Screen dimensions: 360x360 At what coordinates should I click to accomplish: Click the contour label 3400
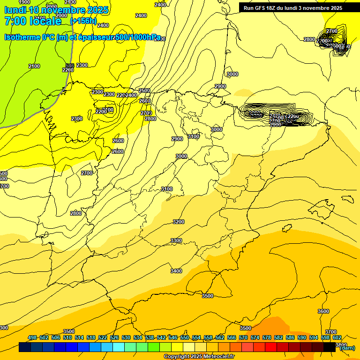[176, 271]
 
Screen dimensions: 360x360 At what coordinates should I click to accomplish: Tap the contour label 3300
[176, 240]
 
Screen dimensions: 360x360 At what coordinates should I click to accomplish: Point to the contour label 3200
[179, 222]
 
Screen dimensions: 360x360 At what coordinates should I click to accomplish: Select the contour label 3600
[323, 311]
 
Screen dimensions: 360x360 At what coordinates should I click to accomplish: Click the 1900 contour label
[25, 2]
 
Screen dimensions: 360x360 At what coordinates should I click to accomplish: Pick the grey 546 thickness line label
[70, 66]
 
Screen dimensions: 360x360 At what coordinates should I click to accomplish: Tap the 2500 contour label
[144, 90]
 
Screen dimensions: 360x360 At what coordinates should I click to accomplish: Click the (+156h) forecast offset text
[83, 21]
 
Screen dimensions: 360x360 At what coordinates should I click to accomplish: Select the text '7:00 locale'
[33, 21]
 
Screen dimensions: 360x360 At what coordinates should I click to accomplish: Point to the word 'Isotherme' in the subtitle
[22, 37]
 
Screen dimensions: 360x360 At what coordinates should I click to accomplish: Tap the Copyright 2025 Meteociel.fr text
[199, 357]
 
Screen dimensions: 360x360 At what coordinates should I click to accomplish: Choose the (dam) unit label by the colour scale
[347, 348]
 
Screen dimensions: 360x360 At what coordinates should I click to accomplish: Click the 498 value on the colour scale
[32, 337]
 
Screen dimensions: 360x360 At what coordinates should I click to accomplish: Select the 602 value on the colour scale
[337, 337]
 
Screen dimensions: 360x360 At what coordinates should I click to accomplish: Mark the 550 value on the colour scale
[185, 337]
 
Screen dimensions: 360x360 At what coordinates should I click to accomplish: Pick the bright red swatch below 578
[271, 347]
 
